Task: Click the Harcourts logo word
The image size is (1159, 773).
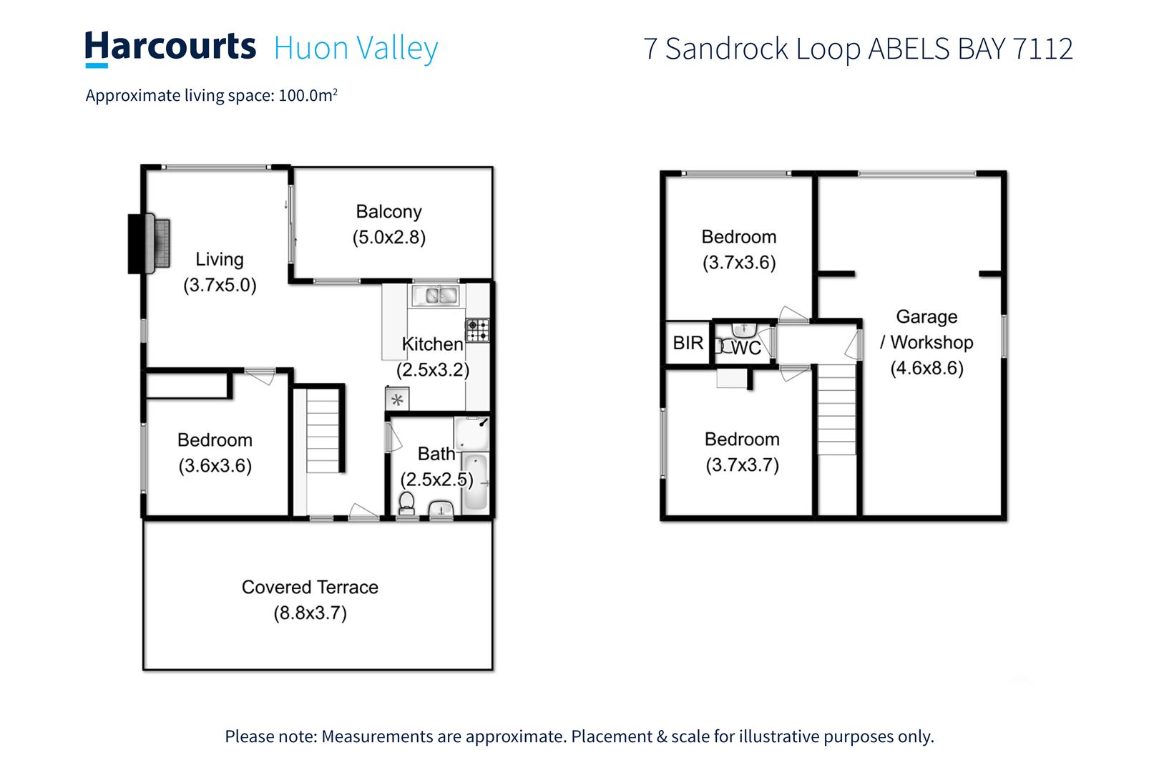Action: click(x=170, y=47)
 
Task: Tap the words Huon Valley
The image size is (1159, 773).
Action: click(x=356, y=49)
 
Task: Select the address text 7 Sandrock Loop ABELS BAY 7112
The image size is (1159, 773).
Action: click(x=858, y=49)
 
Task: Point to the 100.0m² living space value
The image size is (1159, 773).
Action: click(x=308, y=95)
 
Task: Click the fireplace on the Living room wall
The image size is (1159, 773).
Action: click(x=150, y=243)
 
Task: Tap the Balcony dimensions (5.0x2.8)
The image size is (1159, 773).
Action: click(x=388, y=238)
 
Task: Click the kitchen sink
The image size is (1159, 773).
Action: click(x=434, y=295)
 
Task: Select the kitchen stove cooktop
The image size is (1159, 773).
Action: click(x=478, y=330)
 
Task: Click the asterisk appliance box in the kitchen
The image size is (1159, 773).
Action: click(x=397, y=399)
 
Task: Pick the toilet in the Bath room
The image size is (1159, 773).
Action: click(x=406, y=502)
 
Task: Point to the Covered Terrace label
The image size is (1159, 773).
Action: click(x=310, y=587)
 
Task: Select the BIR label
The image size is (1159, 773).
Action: click(x=688, y=343)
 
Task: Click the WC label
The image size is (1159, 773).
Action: click(x=746, y=348)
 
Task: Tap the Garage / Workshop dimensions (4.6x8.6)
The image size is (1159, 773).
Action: click(x=926, y=369)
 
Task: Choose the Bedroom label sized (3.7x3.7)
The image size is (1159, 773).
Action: click(x=742, y=439)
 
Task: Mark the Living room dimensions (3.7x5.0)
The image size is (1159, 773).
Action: click(x=220, y=286)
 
